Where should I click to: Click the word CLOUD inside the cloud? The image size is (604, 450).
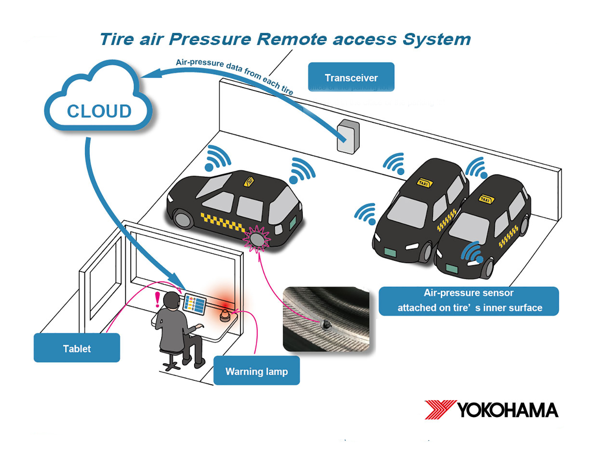pyautogui.click(x=99, y=111)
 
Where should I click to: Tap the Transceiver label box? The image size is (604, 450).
pyautogui.click(x=351, y=77)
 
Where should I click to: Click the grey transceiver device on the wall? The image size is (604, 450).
pyautogui.click(x=348, y=136)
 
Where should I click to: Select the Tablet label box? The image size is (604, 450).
pyautogui.click(x=77, y=348)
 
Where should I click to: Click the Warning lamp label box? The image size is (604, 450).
pyautogui.click(x=256, y=371)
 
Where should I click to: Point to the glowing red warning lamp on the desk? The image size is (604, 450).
pyautogui.click(x=225, y=315)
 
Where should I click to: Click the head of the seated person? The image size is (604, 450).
pyautogui.click(x=172, y=301)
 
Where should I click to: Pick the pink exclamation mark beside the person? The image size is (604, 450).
pyautogui.click(x=157, y=300)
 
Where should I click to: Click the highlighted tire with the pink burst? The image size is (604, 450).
pyautogui.click(x=257, y=238)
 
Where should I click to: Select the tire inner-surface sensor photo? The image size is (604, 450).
pyautogui.click(x=326, y=319)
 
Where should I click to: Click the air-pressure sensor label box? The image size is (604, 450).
pyautogui.click(x=468, y=301)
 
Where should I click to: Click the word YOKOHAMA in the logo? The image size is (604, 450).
pyautogui.click(x=507, y=410)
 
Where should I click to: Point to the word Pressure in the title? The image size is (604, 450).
pyautogui.click(x=210, y=39)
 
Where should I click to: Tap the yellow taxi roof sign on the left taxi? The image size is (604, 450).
pyautogui.click(x=249, y=181)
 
